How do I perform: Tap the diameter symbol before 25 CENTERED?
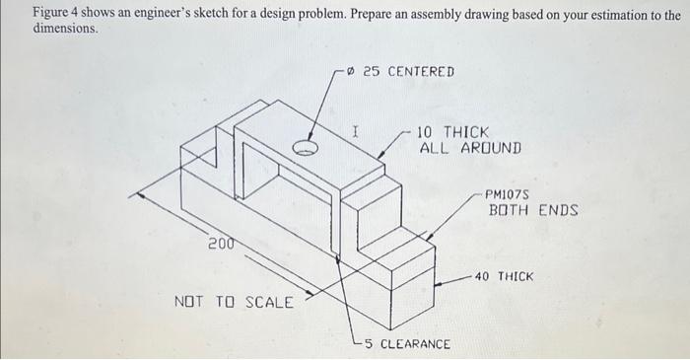[352, 71]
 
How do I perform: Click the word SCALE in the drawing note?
[268, 302]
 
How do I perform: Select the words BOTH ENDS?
[533, 211]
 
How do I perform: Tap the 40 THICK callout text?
[504, 277]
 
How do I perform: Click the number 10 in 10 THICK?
[426, 131]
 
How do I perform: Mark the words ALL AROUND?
[469, 148]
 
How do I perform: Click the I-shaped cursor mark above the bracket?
[356, 129]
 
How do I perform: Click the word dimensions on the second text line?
[65, 30]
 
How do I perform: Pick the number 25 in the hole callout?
[372, 71]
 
